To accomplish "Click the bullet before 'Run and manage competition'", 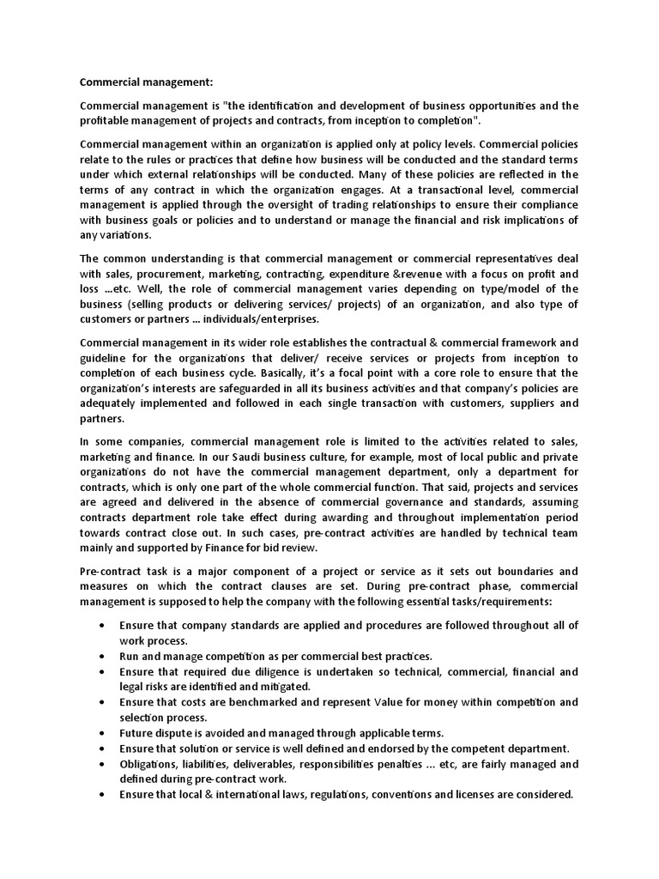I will click(x=103, y=655).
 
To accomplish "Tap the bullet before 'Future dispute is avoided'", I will click(x=103, y=732).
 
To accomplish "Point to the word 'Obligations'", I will click(x=151, y=763).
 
